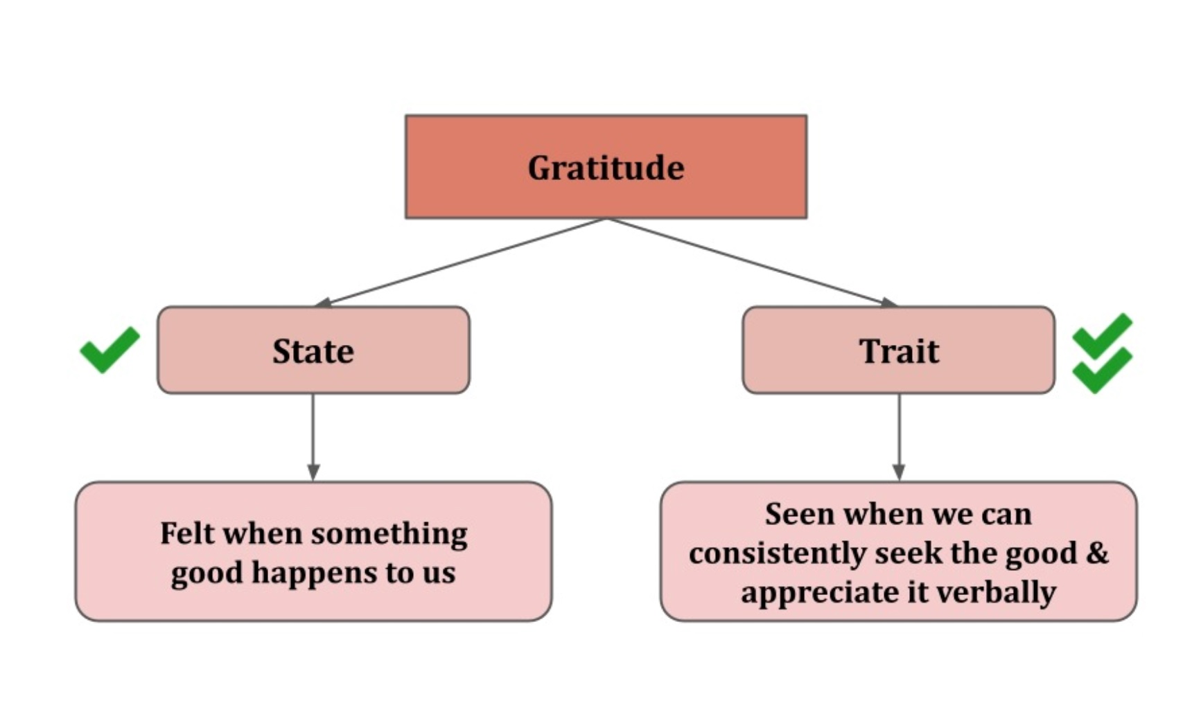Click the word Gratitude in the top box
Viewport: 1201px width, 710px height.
coord(606,168)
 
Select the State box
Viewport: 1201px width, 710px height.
coord(313,350)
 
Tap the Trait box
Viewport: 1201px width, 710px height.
coord(898,350)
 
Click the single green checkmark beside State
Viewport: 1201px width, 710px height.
coord(109,349)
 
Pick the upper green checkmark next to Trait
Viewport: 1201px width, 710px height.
coord(1101,335)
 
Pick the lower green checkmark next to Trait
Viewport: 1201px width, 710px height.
coord(1101,370)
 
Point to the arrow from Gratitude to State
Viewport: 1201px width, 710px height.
coord(461,262)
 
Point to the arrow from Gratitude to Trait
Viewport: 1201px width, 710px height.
coord(752,262)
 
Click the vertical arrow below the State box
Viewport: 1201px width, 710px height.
coord(313,436)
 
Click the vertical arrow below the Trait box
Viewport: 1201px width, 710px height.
coord(899,436)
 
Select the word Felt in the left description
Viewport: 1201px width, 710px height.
coord(182,533)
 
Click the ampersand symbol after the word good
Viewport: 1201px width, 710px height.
coord(1097,553)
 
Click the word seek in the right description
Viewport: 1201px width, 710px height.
coord(909,553)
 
